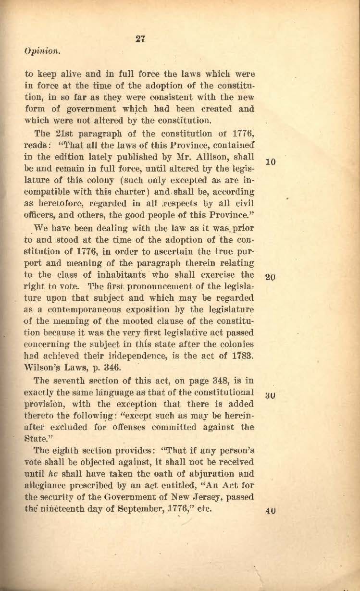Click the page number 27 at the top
[141, 39]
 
